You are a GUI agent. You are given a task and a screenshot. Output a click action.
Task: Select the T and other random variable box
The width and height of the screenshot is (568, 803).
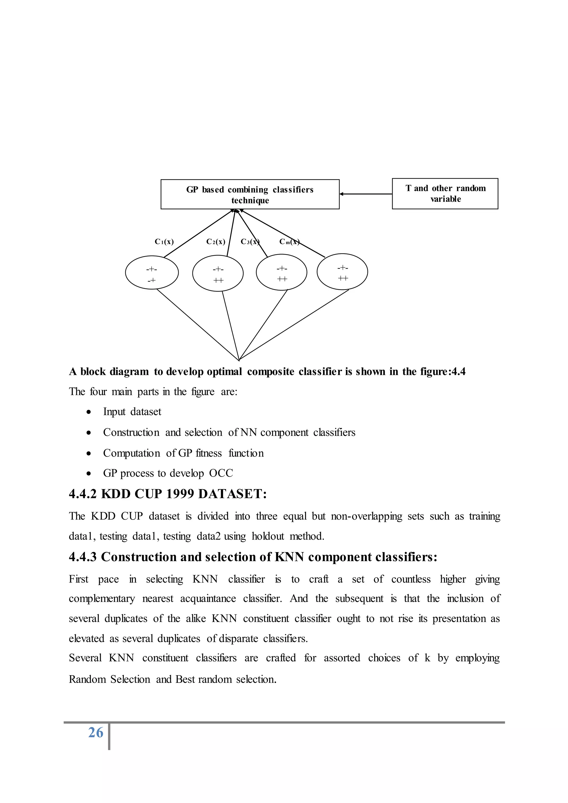point(445,194)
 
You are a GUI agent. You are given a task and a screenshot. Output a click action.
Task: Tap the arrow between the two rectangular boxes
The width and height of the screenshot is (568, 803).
point(366,194)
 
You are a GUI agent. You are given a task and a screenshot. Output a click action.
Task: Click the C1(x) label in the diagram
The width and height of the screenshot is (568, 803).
point(164,242)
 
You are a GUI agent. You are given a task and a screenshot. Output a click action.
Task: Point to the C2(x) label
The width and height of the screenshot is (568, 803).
point(215,242)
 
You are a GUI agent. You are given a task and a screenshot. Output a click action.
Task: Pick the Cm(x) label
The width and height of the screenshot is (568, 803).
point(289,242)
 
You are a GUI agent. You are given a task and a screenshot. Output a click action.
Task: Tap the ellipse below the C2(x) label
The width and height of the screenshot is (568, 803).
point(218,273)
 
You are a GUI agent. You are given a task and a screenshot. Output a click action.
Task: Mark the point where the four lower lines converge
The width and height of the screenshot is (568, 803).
point(239,360)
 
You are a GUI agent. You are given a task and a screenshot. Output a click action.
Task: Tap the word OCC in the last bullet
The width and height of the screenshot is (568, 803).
point(221,473)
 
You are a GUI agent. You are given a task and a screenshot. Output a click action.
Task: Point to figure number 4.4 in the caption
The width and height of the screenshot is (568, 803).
point(458,372)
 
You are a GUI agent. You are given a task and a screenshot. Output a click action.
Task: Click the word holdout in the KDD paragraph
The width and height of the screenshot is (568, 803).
point(268,536)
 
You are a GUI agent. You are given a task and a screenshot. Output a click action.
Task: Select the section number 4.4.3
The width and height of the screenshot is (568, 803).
point(83,557)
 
